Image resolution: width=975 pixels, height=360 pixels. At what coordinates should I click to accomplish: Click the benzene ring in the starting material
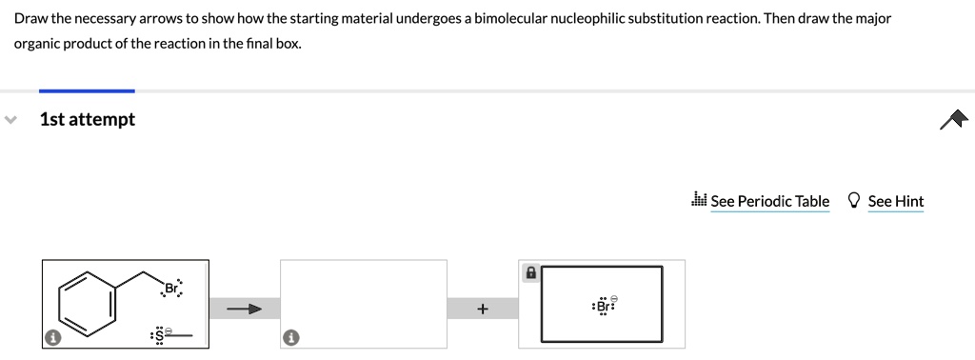coord(90,303)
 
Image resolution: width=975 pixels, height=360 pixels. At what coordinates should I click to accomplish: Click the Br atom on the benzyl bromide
coord(171,289)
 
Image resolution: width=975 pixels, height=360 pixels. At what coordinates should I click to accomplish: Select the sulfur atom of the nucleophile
coord(159,335)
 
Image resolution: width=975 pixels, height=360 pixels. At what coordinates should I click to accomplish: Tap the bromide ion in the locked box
coord(603,307)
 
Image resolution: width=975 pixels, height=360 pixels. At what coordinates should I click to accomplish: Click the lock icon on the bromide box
coord(531,272)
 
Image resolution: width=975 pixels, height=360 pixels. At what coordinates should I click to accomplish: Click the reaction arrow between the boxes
coord(244,309)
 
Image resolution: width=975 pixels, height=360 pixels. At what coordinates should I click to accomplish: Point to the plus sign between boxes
coord(483,309)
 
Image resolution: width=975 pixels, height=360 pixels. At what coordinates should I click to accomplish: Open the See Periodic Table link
coord(769,201)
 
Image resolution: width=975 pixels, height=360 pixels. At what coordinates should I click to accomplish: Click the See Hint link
coord(895,201)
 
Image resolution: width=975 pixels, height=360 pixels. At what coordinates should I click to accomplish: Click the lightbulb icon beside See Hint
coord(854,201)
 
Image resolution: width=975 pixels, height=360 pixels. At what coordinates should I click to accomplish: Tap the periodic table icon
coord(699,200)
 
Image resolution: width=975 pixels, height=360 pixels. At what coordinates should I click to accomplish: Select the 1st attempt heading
coord(88,119)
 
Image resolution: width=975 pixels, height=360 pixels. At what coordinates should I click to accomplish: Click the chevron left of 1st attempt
coord(11,120)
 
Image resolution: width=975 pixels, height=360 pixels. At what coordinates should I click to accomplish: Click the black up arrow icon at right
coord(952,119)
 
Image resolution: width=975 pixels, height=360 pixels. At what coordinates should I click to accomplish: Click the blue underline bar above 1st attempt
coord(87,90)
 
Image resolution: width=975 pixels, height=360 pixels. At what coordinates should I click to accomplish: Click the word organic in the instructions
coord(38,44)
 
